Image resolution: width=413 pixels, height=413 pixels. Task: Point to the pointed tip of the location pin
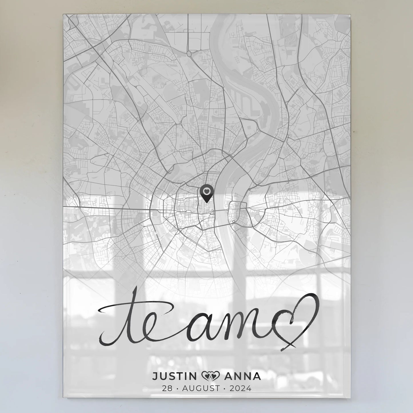(x=206, y=202)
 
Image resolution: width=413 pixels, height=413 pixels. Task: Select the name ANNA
(x=243, y=376)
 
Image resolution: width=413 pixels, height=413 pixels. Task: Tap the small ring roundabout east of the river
(x=234, y=221)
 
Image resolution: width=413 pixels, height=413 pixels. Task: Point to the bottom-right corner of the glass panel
(x=350, y=398)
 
